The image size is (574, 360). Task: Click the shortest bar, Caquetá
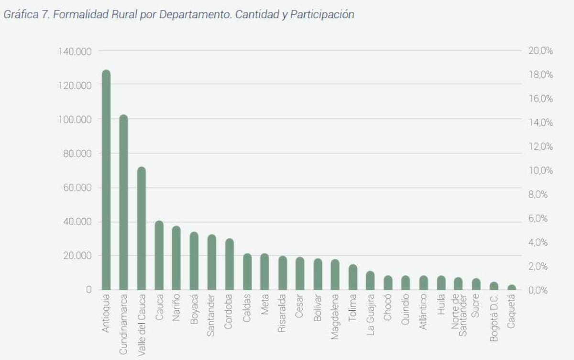click(x=511, y=287)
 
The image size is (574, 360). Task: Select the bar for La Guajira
click(x=370, y=280)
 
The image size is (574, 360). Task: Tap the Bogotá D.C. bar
click(x=494, y=285)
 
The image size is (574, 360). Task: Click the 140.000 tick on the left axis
click(x=75, y=51)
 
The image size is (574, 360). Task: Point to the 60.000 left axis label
click(x=77, y=187)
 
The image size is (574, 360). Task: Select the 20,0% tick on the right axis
click(x=541, y=51)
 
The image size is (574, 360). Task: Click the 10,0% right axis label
click(x=541, y=170)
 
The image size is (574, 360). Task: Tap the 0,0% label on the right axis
click(x=541, y=290)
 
